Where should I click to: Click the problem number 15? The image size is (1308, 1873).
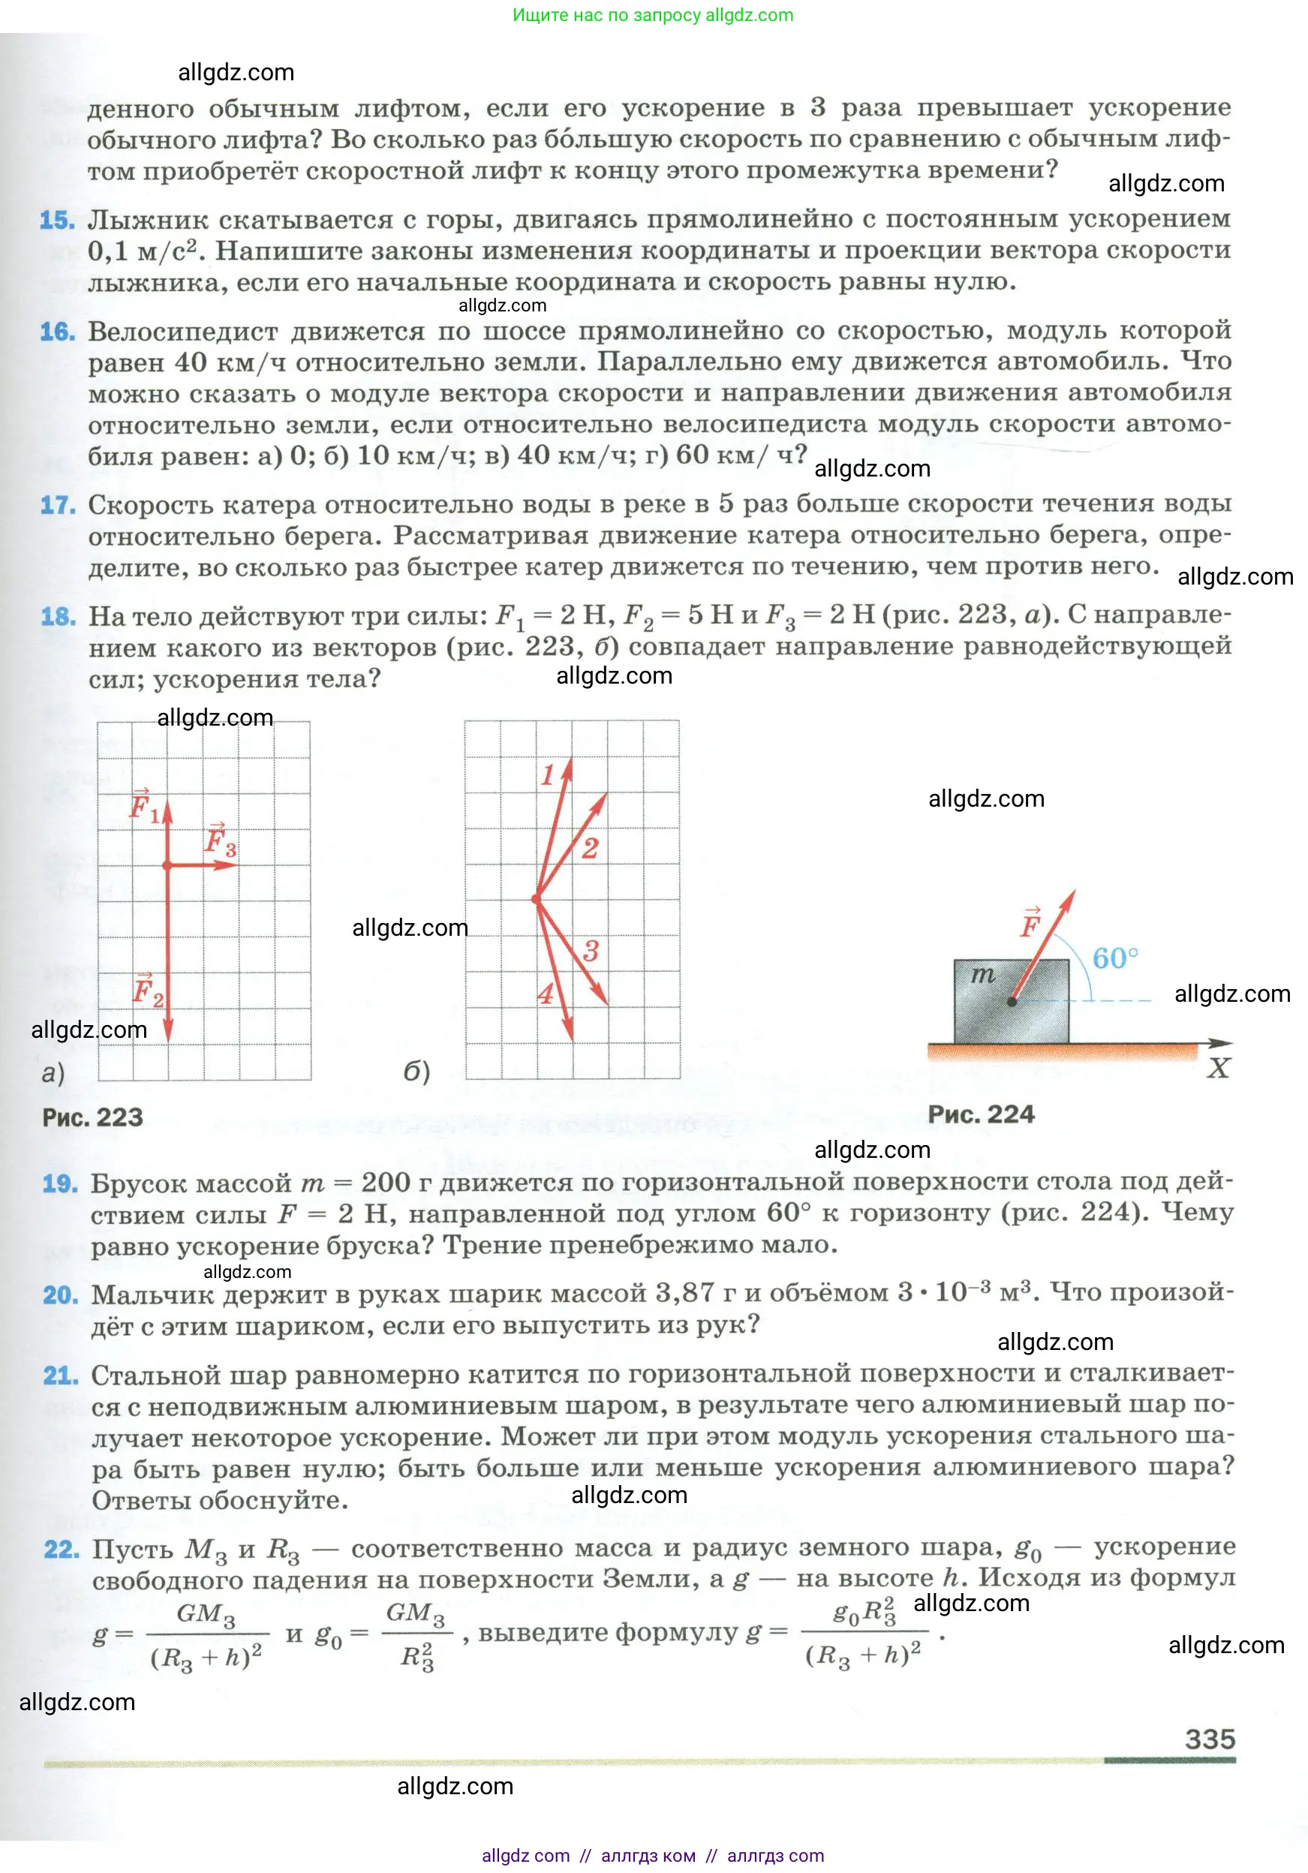[x=57, y=221]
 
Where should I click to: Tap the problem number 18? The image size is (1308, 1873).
[x=58, y=617]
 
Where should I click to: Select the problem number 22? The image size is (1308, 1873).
[x=62, y=1549]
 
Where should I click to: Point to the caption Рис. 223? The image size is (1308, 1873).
[x=92, y=1117]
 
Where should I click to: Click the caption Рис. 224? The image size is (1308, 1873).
[x=981, y=1114]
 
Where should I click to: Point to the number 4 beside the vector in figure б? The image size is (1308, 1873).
[x=545, y=994]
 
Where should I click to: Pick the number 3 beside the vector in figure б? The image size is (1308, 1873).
[x=591, y=950]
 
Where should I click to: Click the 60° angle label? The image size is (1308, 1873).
[x=1114, y=958]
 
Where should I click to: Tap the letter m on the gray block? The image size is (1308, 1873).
[x=983, y=974]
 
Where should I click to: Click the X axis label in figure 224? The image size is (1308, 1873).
[x=1217, y=1069]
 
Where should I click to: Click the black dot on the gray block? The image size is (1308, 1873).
[x=1012, y=1001]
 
